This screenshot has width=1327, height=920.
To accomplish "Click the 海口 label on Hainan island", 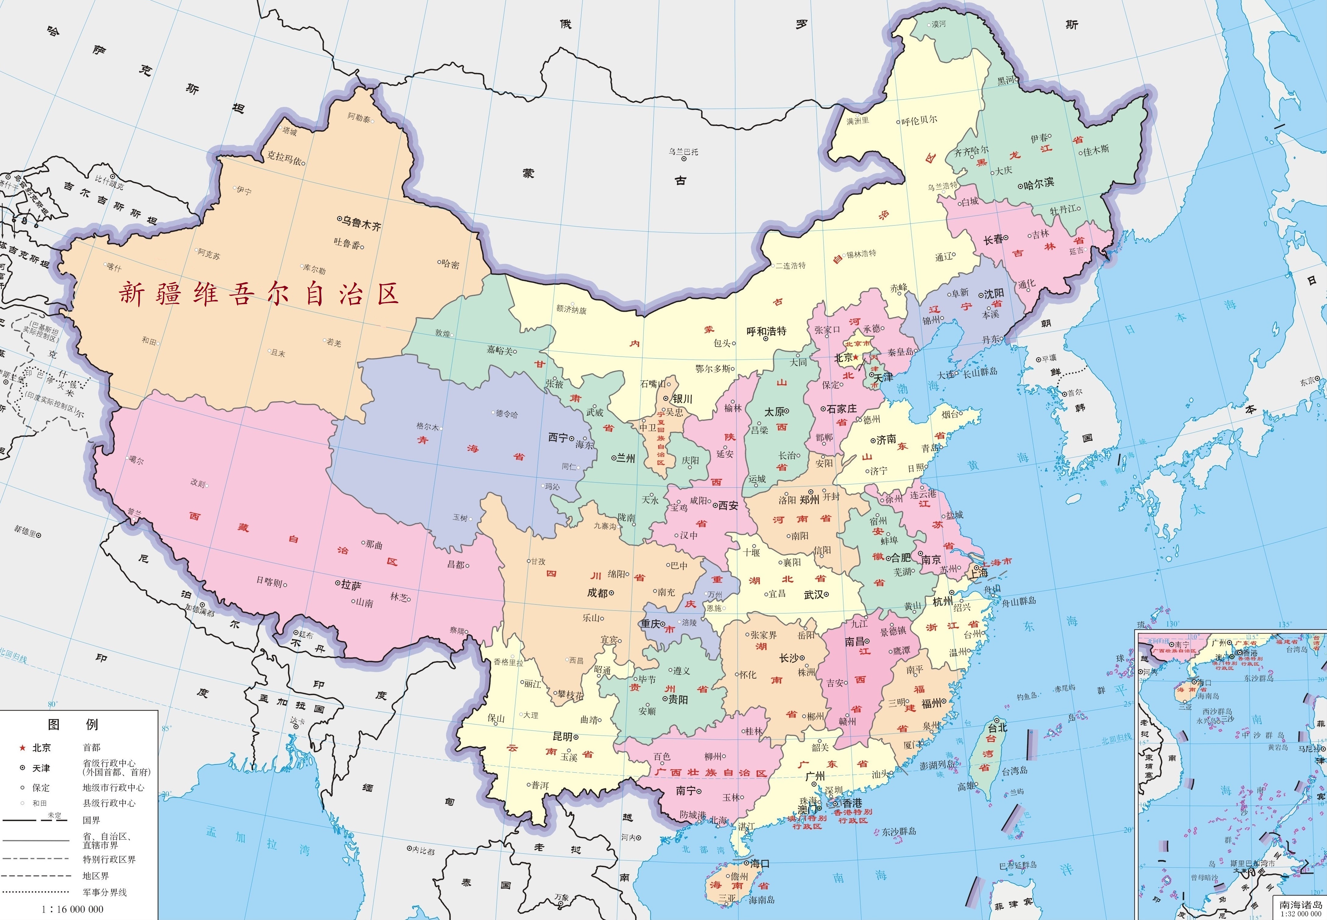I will pyautogui.click(x=760, y=863).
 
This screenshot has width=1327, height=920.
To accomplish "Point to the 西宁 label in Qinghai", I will pyautogui.click(x=558, y=437).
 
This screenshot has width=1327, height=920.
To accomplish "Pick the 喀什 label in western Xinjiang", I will pyautogui.click(x=114, y=268).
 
